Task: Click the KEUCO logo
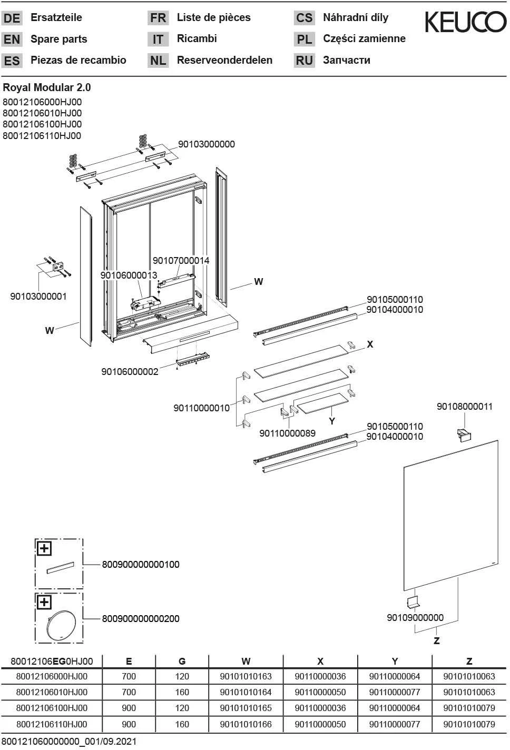click(465, 22)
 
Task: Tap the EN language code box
click(12, 40)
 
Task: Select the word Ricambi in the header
click(197, 38)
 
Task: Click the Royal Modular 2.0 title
click(47, 87)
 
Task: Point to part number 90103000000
click(207, 144)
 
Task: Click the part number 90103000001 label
click(38, 297)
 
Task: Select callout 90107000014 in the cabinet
click(181, 261)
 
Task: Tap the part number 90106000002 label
click(130, 372)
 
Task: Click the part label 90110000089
click(287, 433)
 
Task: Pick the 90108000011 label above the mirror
click(465, 407)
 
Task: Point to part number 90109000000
click(415, 617)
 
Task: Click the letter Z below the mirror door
click(436, 640)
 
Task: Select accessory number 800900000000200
click(141, 618)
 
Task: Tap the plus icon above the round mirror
click(44, 602)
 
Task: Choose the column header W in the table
click(246, 661)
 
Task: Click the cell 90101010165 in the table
click(246, 708)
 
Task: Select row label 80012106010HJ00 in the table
click(52, 692)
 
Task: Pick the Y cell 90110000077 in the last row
click(395, 724)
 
